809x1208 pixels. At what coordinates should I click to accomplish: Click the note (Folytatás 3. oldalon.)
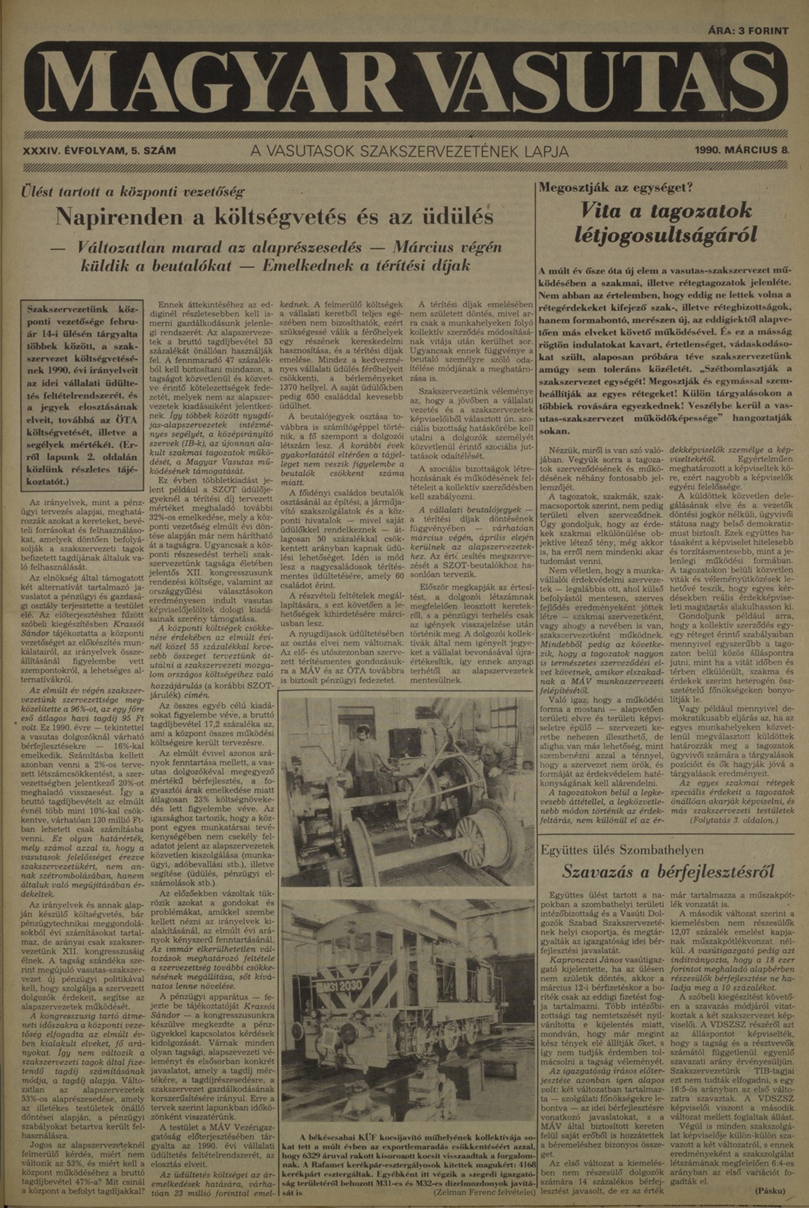[733, 821]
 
